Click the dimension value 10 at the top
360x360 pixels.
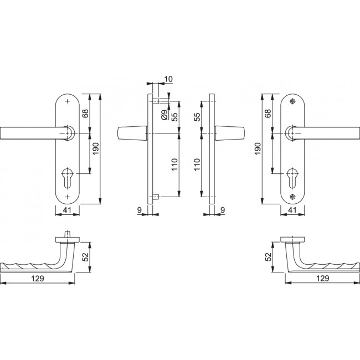168,80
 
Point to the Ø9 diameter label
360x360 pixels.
164,115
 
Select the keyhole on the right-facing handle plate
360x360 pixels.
292,177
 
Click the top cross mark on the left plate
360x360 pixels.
68,101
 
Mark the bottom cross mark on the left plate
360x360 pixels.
68,197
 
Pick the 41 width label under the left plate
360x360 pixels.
68,210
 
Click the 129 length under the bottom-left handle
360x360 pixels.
38,277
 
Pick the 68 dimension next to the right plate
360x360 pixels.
268,114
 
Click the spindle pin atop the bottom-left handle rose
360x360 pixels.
68,234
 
